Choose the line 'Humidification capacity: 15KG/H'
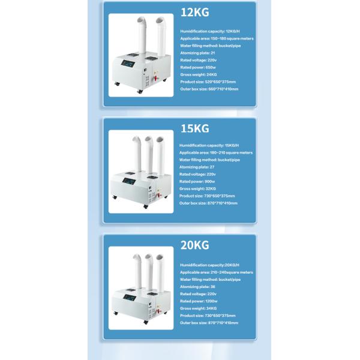point(208,145)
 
